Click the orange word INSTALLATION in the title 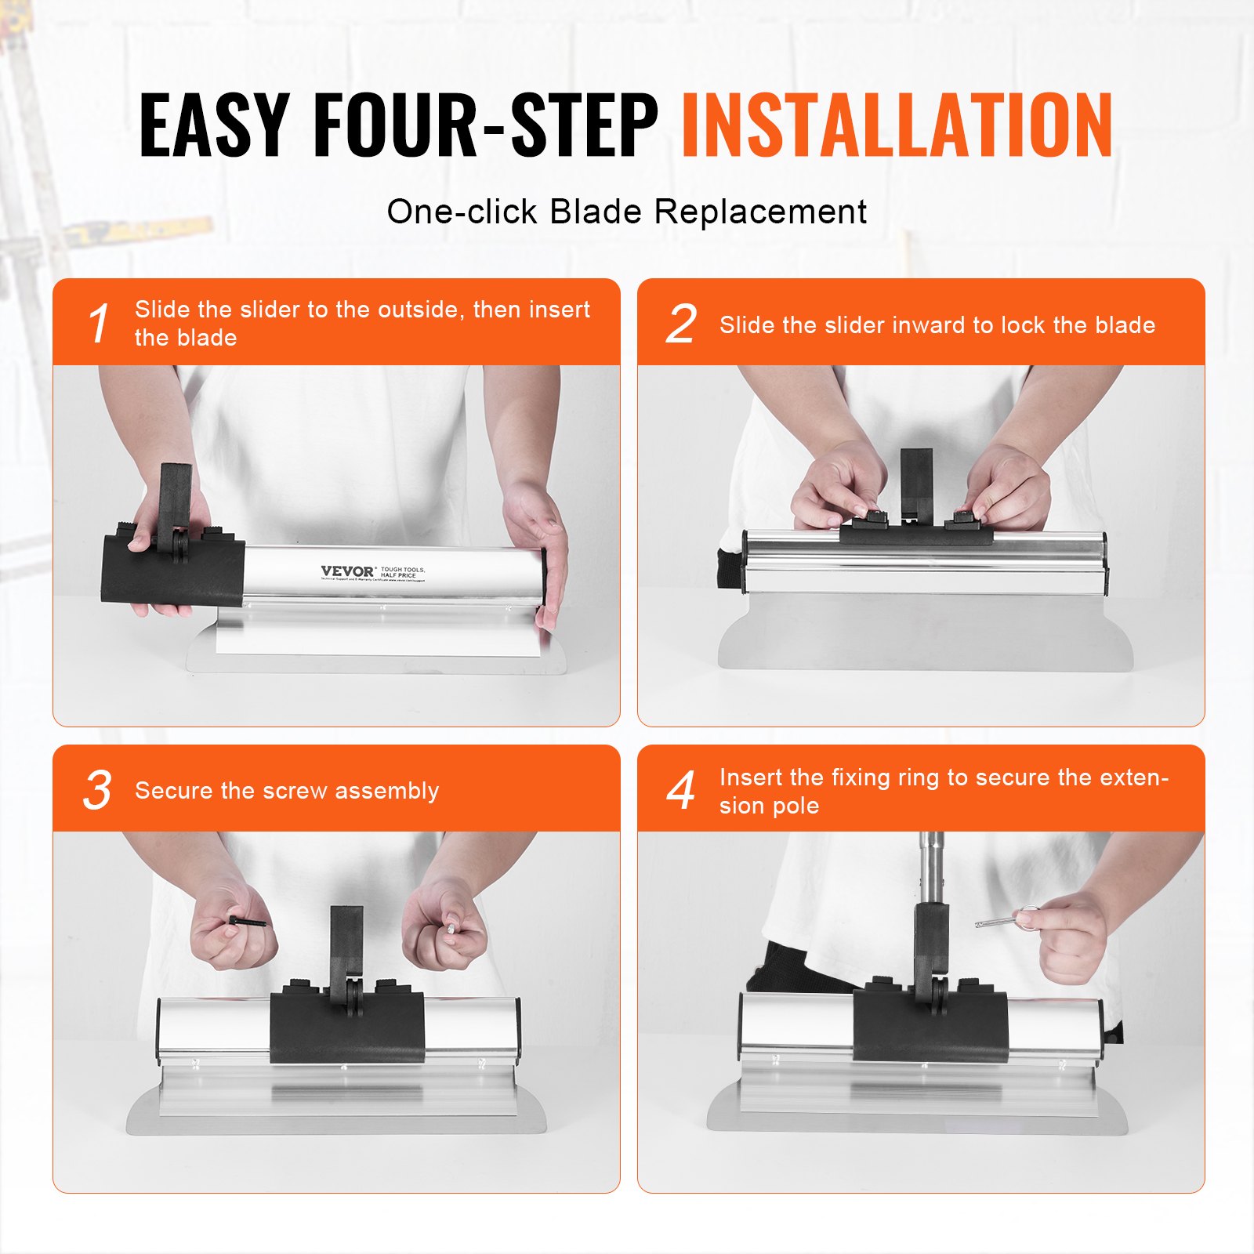897,125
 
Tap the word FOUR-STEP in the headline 485,125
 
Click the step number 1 98,324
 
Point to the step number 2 680,324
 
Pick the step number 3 98,790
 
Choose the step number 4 680,790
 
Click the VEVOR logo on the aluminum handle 347,571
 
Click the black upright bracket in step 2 915,480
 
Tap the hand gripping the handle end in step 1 541,549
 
